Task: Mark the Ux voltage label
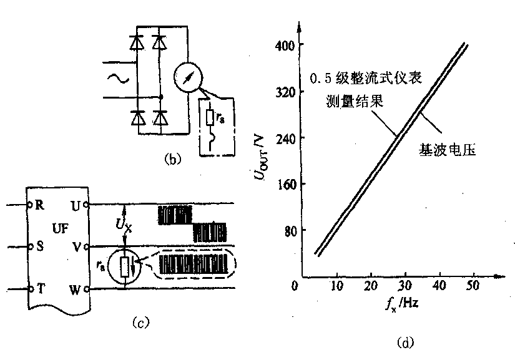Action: click(124, 224)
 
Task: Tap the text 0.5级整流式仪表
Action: click(368, 80)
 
